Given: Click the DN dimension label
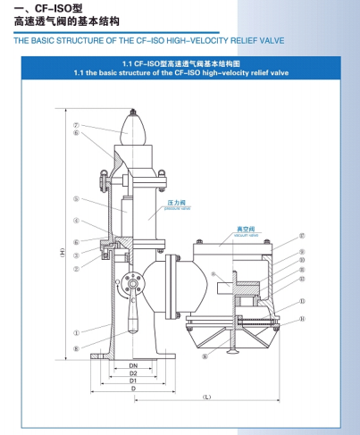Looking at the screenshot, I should (x=131, y=365).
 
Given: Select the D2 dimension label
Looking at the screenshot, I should (x=132, y=373).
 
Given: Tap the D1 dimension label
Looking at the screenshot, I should (x=132, y=381).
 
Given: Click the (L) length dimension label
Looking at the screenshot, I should (x=206, y=395).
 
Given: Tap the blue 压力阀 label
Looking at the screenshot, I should (x=175, y=203).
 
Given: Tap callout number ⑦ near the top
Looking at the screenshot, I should (x=77, y=126).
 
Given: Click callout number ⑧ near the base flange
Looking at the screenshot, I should (x=77, y=349).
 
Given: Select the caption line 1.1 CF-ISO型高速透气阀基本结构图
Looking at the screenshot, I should (x=180, y=64).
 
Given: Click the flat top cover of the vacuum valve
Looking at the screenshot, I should (x=234, y=242).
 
